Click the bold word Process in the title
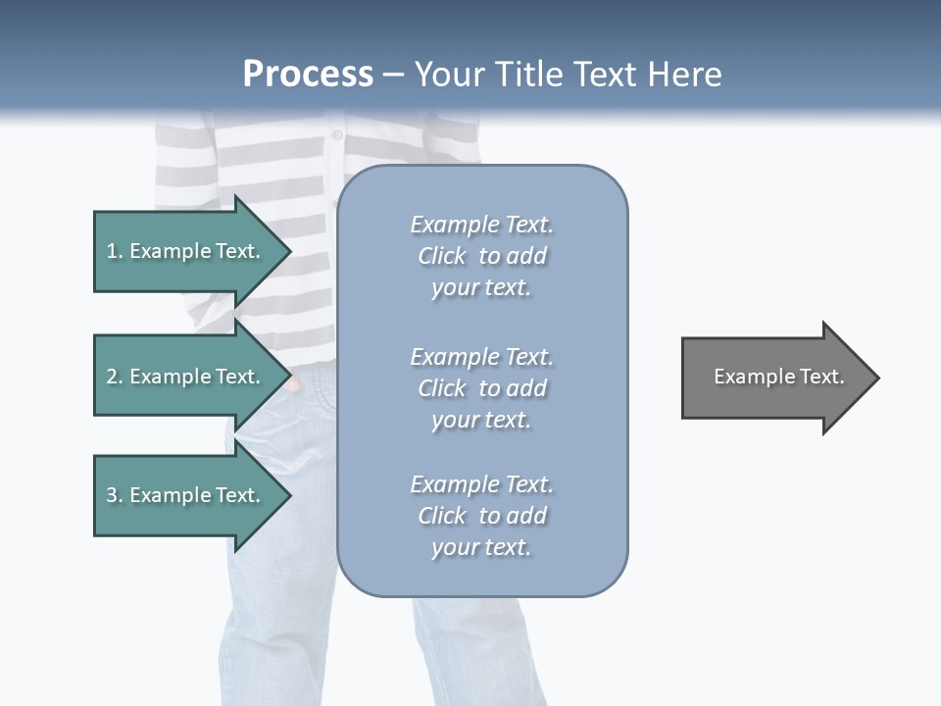click(308, 75)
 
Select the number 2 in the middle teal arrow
click(112, 377)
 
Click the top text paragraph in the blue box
click(481, 256)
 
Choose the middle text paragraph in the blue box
click(481, 388)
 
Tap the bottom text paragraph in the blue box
click(481, 516)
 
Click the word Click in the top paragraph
click(442, 256)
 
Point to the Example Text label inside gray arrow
click(778, 377)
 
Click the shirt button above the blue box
click(337, 134)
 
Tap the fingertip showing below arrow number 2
click(291, 385)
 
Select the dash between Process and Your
click(393, 75)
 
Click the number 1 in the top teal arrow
click(112, 251)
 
